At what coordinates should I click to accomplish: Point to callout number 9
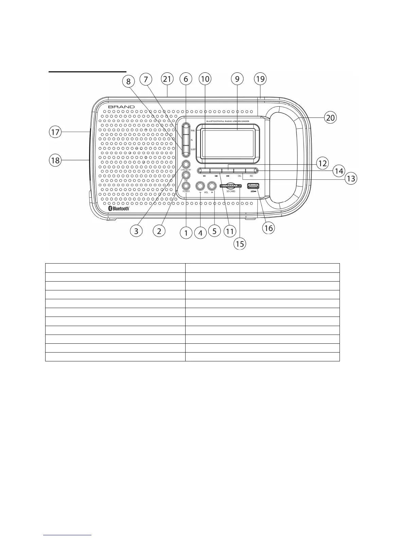pyautogui.click(x=237, y=79)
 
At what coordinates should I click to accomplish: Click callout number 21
pyautogui.click(x=167, y=79)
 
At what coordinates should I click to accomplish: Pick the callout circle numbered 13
pyautogui.click(x=350, y=178)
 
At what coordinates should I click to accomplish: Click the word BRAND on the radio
pyautogui.click(x=121, y=107)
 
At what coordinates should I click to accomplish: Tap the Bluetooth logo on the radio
pyautogui.click(x=119, y=208)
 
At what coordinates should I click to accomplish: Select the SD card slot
pyautogui.click(x=231, y=186)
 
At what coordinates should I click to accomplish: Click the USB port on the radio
pyautogui.click(x=253, y=186)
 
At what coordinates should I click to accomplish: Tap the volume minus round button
pyautogui.click(x=200, y=185)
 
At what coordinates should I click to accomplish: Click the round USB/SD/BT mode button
pyautogui.click(x=186, y=164)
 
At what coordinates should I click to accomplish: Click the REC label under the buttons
pyautogui.click(x=252, y=176)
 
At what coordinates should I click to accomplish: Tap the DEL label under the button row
pyautogui.click(x=240, y=176)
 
